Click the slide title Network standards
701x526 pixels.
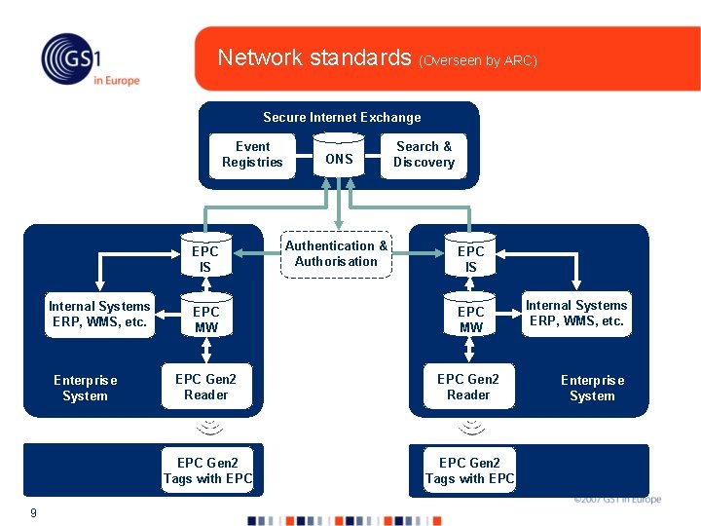click(x=314, y=57)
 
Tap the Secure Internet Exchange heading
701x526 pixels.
click(x=342, y=117)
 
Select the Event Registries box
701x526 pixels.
click(x=252, y=155)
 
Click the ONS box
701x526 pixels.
click(x=339, y=159)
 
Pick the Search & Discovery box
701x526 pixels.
click(x=424, y=155)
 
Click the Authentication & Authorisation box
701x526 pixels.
click(x=336, y=254)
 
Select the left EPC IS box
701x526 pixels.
click(x=205, y=258)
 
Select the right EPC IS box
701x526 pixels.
click(x=470, y=258)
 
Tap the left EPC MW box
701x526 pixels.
click(x=205, y=319)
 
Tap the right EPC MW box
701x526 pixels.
click(x=470, y=319)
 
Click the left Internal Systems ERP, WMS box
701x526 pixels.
click(x=99, y=315)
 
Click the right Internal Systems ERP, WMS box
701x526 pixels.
click(x=576, y=314)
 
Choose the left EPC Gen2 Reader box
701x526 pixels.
click(x=206, y=387)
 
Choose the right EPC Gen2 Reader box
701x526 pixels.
click(x=468, y=387)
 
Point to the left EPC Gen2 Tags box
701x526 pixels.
click(x=207, y=470)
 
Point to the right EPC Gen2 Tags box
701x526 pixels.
click(x=469, y=470)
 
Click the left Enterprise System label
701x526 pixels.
click(x=85, y=388)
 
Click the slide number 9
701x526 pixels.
click(x=33, y=512)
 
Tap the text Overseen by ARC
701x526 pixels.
click(x=478, y=60)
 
